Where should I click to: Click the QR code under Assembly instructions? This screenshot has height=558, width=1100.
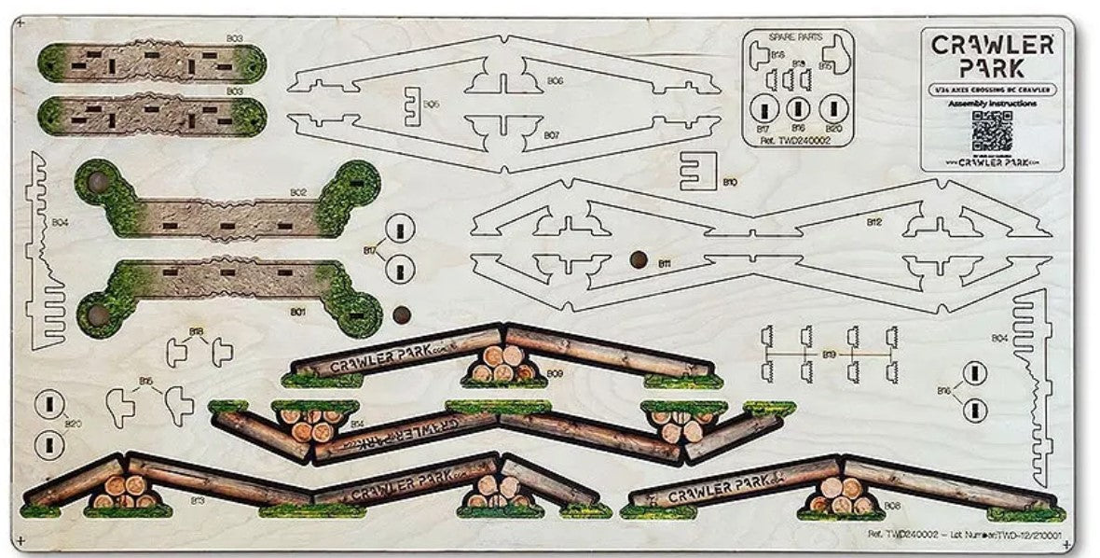[991, 131]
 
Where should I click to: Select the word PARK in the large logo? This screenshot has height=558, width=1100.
[993, 67]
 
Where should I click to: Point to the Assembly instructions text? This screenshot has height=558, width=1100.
[992, 105]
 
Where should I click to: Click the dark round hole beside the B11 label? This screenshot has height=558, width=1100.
[639, 258]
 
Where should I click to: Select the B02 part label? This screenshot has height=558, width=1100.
[297, 192]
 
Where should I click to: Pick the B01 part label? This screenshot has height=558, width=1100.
[299, 311]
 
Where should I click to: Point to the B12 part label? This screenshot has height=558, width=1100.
[873, 222]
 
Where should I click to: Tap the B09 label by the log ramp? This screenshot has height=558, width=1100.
[555, 373]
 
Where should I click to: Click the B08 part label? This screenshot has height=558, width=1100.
[892, 505]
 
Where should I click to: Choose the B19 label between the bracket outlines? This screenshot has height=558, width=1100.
[828, 355]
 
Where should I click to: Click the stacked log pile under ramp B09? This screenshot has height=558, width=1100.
[503, 364]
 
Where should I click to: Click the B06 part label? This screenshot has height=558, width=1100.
[555, 81]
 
